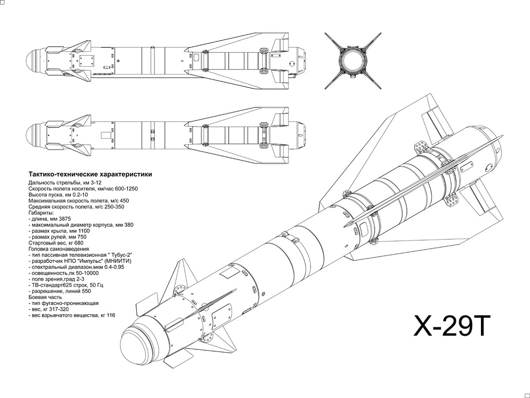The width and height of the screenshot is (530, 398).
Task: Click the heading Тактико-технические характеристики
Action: pyautogui.click(x=90, y=174)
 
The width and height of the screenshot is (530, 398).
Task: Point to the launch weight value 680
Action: pyautogui.click(x=79, y=243)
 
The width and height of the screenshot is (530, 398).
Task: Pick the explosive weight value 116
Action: pyautogui.click(x=111, y=315)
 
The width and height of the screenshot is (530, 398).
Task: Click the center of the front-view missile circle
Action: pyautogui.click(x=352, y=60)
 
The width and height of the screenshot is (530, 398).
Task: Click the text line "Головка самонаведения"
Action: pyautogui.click(x=58, y=249)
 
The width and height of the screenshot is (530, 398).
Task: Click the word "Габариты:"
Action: pyautogui.click(x=41, y=213)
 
